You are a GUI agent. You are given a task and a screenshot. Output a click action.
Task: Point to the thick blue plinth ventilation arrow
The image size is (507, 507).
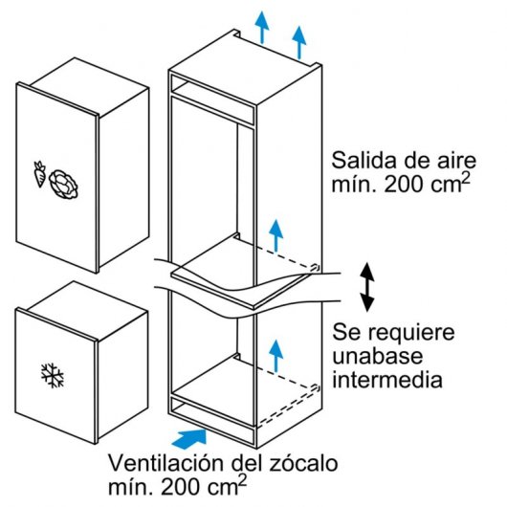click(192, 437)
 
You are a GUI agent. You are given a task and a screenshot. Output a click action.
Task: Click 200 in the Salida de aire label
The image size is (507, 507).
click(403, 185)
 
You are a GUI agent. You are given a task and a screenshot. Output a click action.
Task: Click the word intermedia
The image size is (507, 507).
click(387, 381)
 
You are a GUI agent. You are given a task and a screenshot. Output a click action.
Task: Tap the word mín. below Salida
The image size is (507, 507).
click(350, 185)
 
